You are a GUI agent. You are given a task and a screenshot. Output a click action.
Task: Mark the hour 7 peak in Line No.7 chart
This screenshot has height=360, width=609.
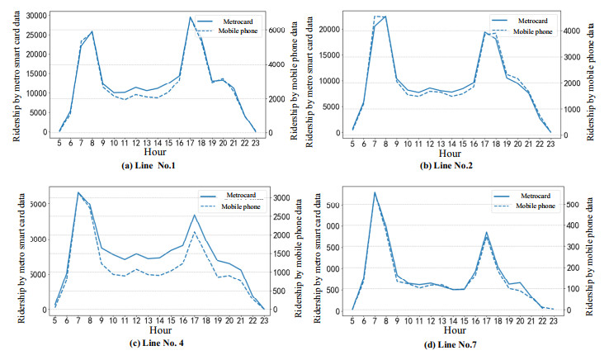pyautogui.click(x=375, y=193)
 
